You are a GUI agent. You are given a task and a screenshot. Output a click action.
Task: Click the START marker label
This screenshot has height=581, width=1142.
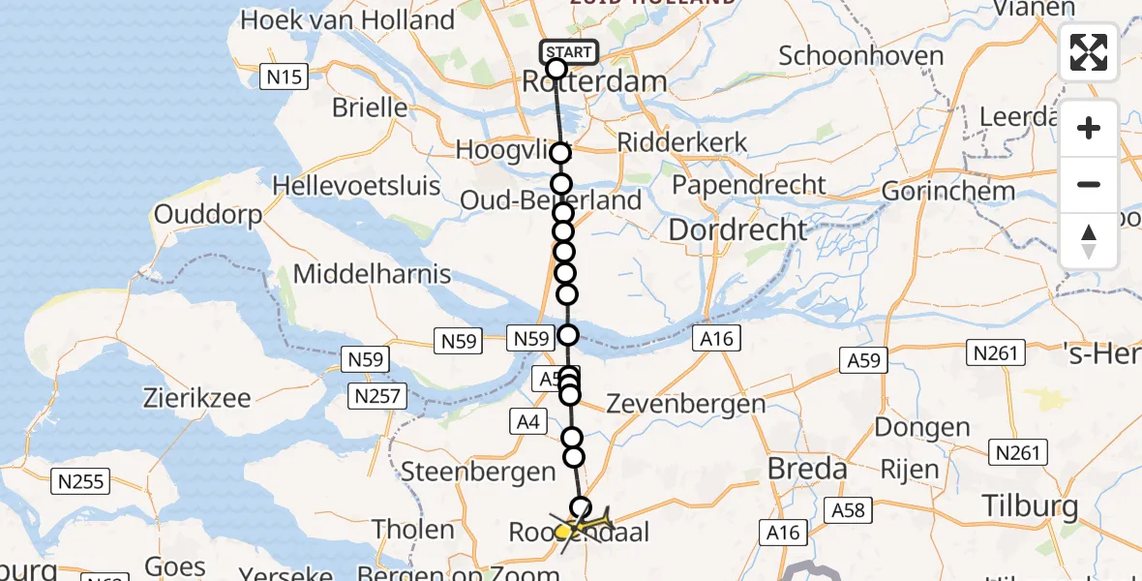point(569,52)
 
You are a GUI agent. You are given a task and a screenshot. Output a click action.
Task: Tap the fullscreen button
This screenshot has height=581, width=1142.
point(1089,52)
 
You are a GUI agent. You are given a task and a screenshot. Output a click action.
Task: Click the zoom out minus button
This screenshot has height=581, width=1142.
point(1089,184)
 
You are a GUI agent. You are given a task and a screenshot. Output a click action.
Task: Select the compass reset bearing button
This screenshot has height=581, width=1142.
point(1089,240)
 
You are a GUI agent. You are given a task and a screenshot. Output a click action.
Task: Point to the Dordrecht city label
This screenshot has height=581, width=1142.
point(737,230)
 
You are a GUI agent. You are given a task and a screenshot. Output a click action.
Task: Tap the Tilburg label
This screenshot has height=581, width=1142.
point(1030,505)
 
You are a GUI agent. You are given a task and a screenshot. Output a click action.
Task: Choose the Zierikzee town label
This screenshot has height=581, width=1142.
point(196,398)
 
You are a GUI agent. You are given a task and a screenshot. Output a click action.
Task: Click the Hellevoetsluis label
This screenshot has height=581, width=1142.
point(356,185)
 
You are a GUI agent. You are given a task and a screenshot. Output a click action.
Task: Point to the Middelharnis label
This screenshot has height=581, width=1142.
point(373,274)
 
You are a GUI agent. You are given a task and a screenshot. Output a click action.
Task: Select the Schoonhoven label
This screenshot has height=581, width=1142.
point(861,56)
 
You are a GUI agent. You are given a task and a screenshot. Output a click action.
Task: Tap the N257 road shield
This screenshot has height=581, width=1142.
point(378,396)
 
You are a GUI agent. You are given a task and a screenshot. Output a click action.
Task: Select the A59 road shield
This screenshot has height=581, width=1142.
point(863,360)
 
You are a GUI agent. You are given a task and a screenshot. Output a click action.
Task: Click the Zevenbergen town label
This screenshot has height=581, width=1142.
point(685,404)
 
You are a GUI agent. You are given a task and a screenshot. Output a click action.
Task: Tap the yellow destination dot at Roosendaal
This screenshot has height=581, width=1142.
point(562,532)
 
